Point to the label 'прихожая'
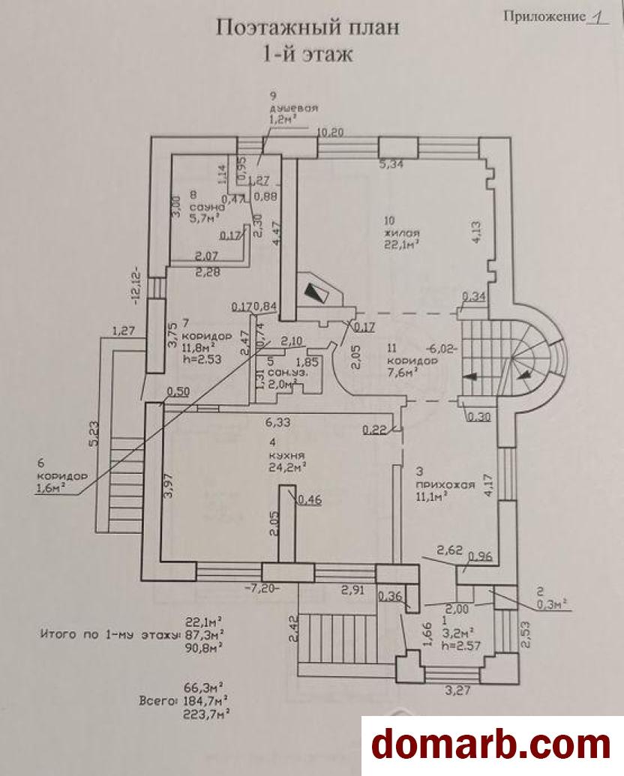click(445, 484)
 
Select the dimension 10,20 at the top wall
click(331, 132)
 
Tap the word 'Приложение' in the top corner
click(539, 15)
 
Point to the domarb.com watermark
click(491, 744)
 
